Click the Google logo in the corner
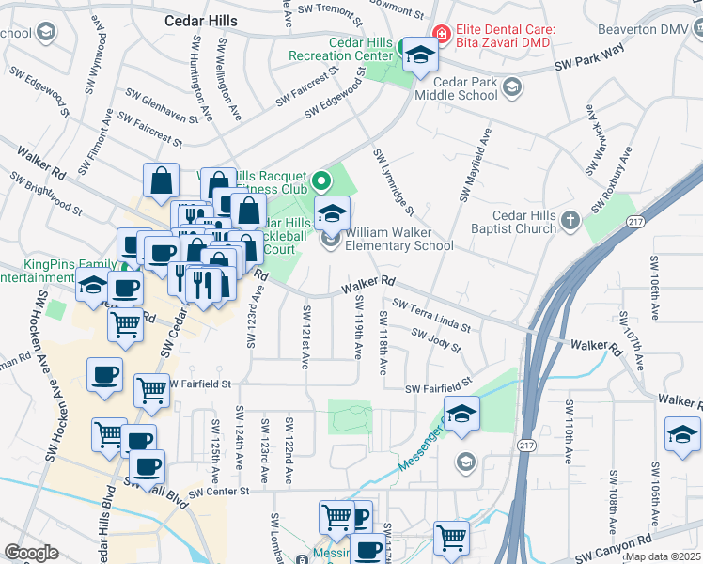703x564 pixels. tap(31, 553)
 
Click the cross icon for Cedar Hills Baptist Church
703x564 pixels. tap(570, 221)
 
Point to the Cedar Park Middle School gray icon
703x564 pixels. tap(511, 88)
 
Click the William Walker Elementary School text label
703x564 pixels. tap(399, 239)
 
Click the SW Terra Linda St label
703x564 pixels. tap(431, 314)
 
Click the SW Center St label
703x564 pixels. tap(218, 492)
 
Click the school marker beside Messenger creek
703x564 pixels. tap(461, 415)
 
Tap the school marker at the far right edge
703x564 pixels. tap(682, 434)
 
